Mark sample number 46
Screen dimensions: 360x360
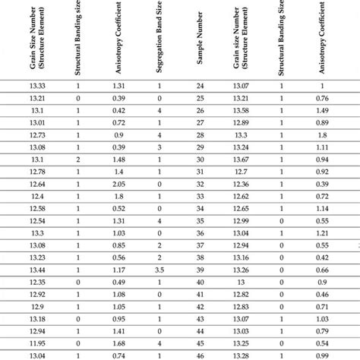pos(200,355)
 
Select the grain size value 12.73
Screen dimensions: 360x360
pos(35,134)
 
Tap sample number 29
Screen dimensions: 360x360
pos(200,147)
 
